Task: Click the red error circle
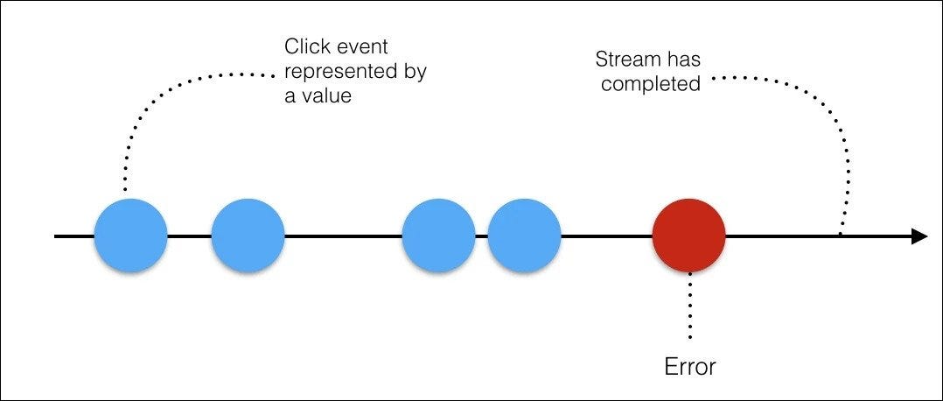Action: tap(688, 236)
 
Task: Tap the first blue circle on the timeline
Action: tap(130, 236)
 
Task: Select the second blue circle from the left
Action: tap(248, 236)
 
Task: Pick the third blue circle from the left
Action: tap(438, 236)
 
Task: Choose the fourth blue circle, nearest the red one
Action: tap(524, 236)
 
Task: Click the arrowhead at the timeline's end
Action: tap(919, 236)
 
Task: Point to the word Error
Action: tap(689, 365)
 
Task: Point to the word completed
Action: tap(650, 84)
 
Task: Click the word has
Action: tap(681, 60)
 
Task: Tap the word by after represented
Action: tap(413, 71)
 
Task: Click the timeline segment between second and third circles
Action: tap(343, 236)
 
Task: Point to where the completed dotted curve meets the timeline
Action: tap(841, 235)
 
